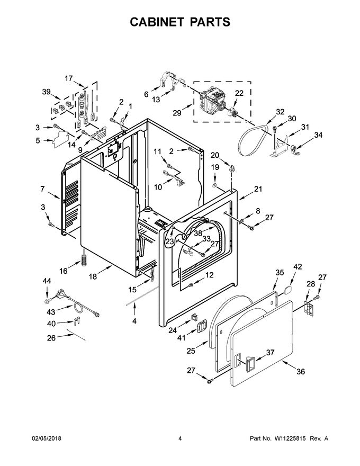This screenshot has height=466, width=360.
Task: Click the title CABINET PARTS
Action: (x=180, y=22)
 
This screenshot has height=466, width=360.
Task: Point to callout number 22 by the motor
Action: (x=239, y=94)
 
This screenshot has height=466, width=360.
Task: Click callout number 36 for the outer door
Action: (x=300, y=371)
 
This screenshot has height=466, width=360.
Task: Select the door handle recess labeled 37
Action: (x=248, y=363)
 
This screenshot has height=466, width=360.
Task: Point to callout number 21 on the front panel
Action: (x=258, y=189)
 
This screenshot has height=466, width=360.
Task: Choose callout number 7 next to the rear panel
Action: (x=42, y=189)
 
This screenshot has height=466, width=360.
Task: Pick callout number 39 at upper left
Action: (x=47, y=92)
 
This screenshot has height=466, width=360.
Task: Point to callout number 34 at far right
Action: (x=318, y=136)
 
